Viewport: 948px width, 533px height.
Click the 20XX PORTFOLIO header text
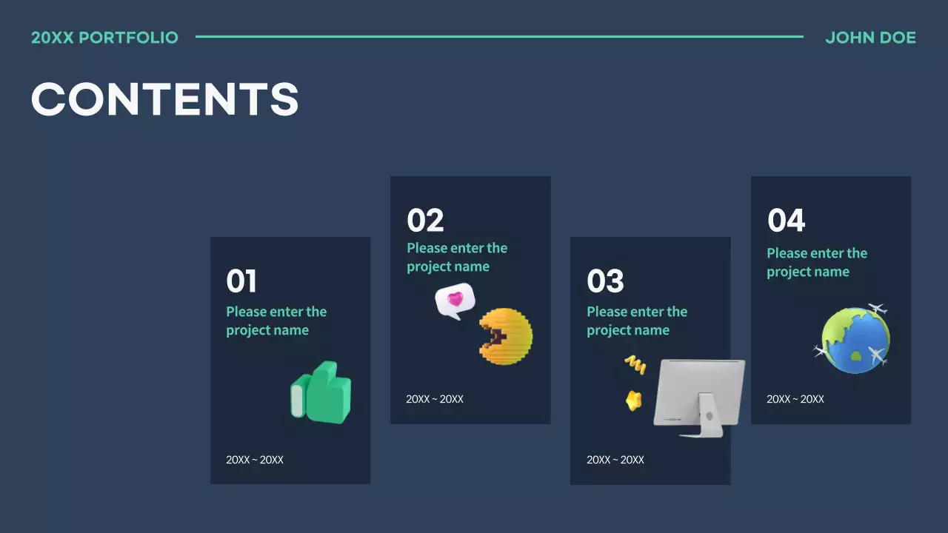(x=104, y=38)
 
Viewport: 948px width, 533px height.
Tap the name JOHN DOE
(x=870, y=38)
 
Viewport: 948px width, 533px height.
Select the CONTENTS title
(x=164, y=99)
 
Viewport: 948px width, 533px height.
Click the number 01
(x=241, y=282)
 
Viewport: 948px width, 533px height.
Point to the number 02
(x=425, y=221)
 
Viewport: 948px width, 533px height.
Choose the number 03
(x=605, y=282)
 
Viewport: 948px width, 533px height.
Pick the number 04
(x=786, y=221)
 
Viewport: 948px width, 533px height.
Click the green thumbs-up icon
(x=322, y=393)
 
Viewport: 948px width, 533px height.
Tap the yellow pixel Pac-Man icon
(x=506, y=338)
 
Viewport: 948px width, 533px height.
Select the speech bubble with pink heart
(x=454, y=301)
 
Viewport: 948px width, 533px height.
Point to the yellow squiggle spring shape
(x=635, y=363)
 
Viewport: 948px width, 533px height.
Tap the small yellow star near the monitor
(x=633, y=400)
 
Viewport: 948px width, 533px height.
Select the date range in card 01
(x=255, y=460)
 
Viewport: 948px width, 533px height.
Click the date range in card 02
(x=435, y=399)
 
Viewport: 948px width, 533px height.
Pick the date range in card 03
(x=615, y=460)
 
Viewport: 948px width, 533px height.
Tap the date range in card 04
(x=795, y=399)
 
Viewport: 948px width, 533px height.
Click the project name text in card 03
(x=637, y=321)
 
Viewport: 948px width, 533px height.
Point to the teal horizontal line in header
(x=499, y=36)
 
